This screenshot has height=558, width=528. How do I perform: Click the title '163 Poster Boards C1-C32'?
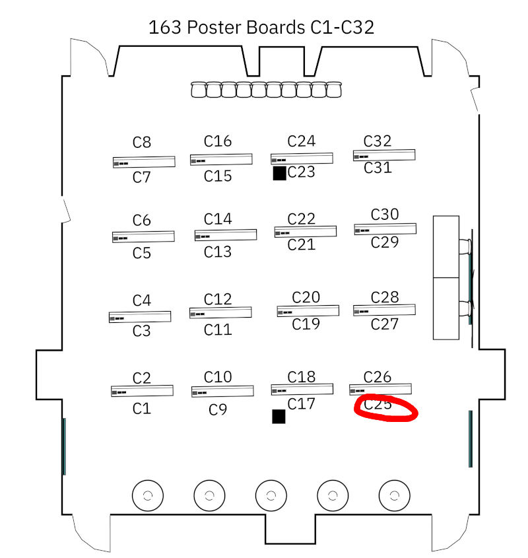point(261,27)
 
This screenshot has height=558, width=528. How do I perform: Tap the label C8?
point(142,142)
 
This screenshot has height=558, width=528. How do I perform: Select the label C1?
point(142,409)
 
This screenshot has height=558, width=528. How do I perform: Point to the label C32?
point(378,141)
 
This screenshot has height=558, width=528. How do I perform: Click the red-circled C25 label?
point(378,404)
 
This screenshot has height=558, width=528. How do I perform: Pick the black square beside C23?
point(279,173)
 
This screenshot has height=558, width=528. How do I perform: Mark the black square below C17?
point(279,416)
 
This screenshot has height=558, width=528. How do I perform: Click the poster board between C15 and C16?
point(221,159)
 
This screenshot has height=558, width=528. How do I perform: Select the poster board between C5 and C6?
point(143,236)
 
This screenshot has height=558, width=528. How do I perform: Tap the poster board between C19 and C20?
point(308,310)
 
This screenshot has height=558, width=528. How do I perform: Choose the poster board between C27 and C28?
point(384,310)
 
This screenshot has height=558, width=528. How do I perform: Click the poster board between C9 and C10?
point(222,392)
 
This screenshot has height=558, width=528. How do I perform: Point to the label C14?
point(218,219)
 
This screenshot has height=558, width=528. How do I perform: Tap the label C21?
point(302,245)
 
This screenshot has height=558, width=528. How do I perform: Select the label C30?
point(385,214)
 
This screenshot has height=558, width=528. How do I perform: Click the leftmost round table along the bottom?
point(148,495)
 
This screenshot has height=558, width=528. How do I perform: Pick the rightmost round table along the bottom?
point(394,495)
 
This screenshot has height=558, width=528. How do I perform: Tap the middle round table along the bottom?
point(271,495)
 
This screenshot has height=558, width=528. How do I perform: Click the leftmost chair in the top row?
point(199,90)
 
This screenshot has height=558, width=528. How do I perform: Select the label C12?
point(218,300)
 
